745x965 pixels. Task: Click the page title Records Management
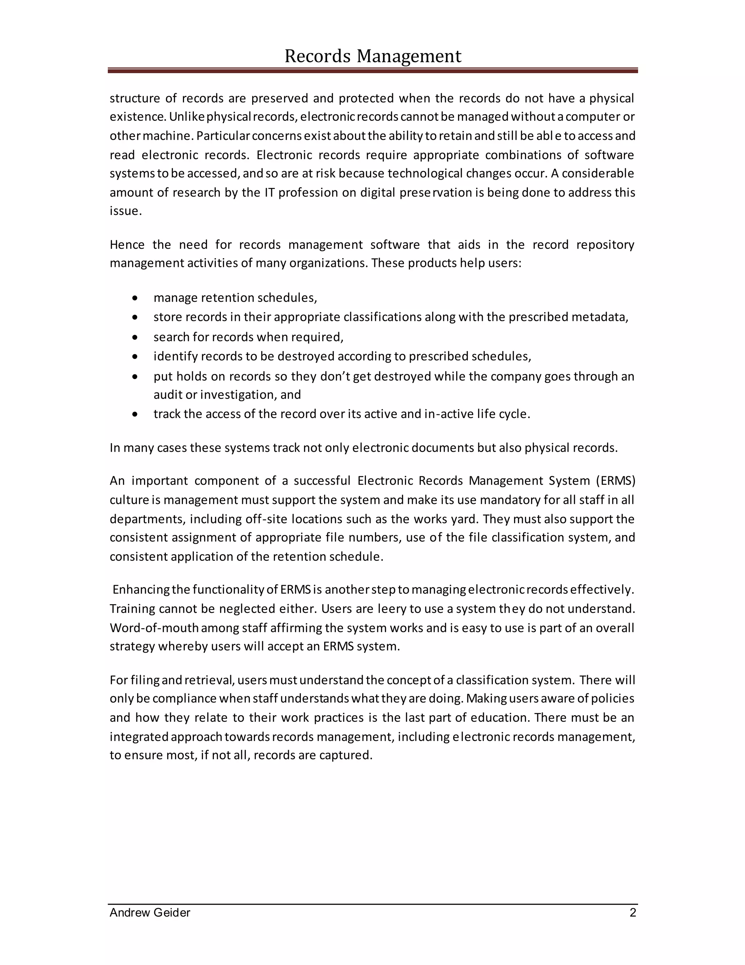(372, 56)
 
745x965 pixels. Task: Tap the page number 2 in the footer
(633, 913)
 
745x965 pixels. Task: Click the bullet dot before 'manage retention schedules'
(135, 298)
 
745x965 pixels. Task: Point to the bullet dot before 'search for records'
(135, 338)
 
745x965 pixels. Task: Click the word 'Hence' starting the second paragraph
(127, 245)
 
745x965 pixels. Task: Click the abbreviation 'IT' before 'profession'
(270, 193)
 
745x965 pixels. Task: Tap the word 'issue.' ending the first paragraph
(126, 211)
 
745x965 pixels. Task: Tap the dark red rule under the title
(372, 70)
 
